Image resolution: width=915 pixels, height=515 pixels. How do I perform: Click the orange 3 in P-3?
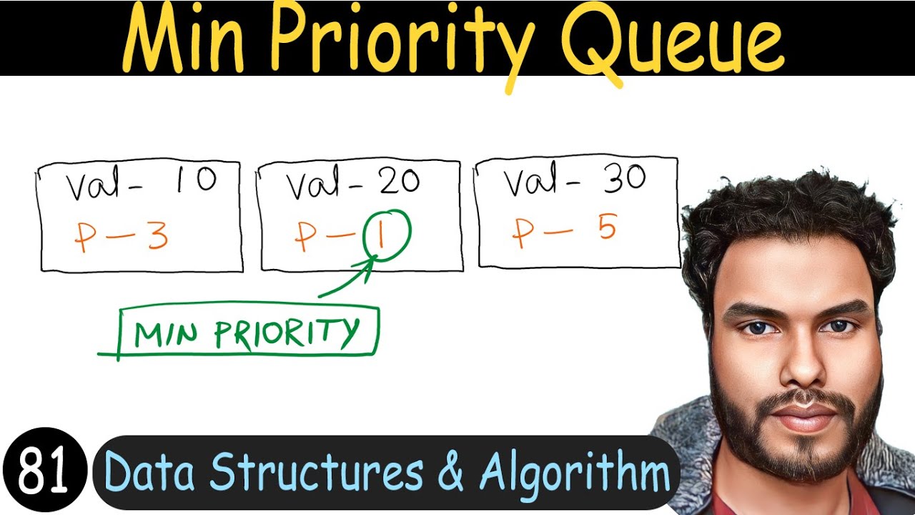pos(157,237)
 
